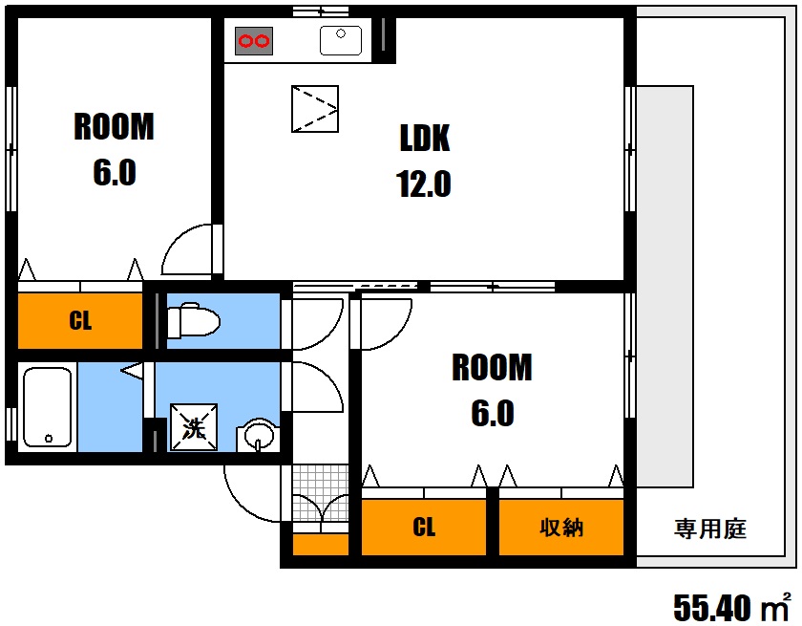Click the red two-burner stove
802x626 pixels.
[254, 40]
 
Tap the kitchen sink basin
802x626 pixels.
[341, 40]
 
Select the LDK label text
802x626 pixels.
[425, 138]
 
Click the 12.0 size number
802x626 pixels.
[424, 183]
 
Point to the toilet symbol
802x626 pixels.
[193, 320]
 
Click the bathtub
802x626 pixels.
[47, 407]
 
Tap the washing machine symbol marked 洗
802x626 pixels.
[194, 427]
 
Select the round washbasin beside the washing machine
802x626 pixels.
[259, 436]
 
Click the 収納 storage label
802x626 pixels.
[561, 528]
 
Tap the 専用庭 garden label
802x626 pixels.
[710, 529]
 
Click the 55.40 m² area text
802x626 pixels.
[732, 607]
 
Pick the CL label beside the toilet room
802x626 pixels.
[80, 321]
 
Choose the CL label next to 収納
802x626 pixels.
[424, 528]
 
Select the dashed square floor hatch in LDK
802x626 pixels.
[315, 109]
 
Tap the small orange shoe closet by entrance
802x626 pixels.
[321, 545]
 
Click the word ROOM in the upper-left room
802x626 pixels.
[114, 126]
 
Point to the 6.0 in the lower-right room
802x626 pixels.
[493, 413]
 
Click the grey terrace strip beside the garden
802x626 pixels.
[665, 287]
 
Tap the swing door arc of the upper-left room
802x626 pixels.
[177, 242]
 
